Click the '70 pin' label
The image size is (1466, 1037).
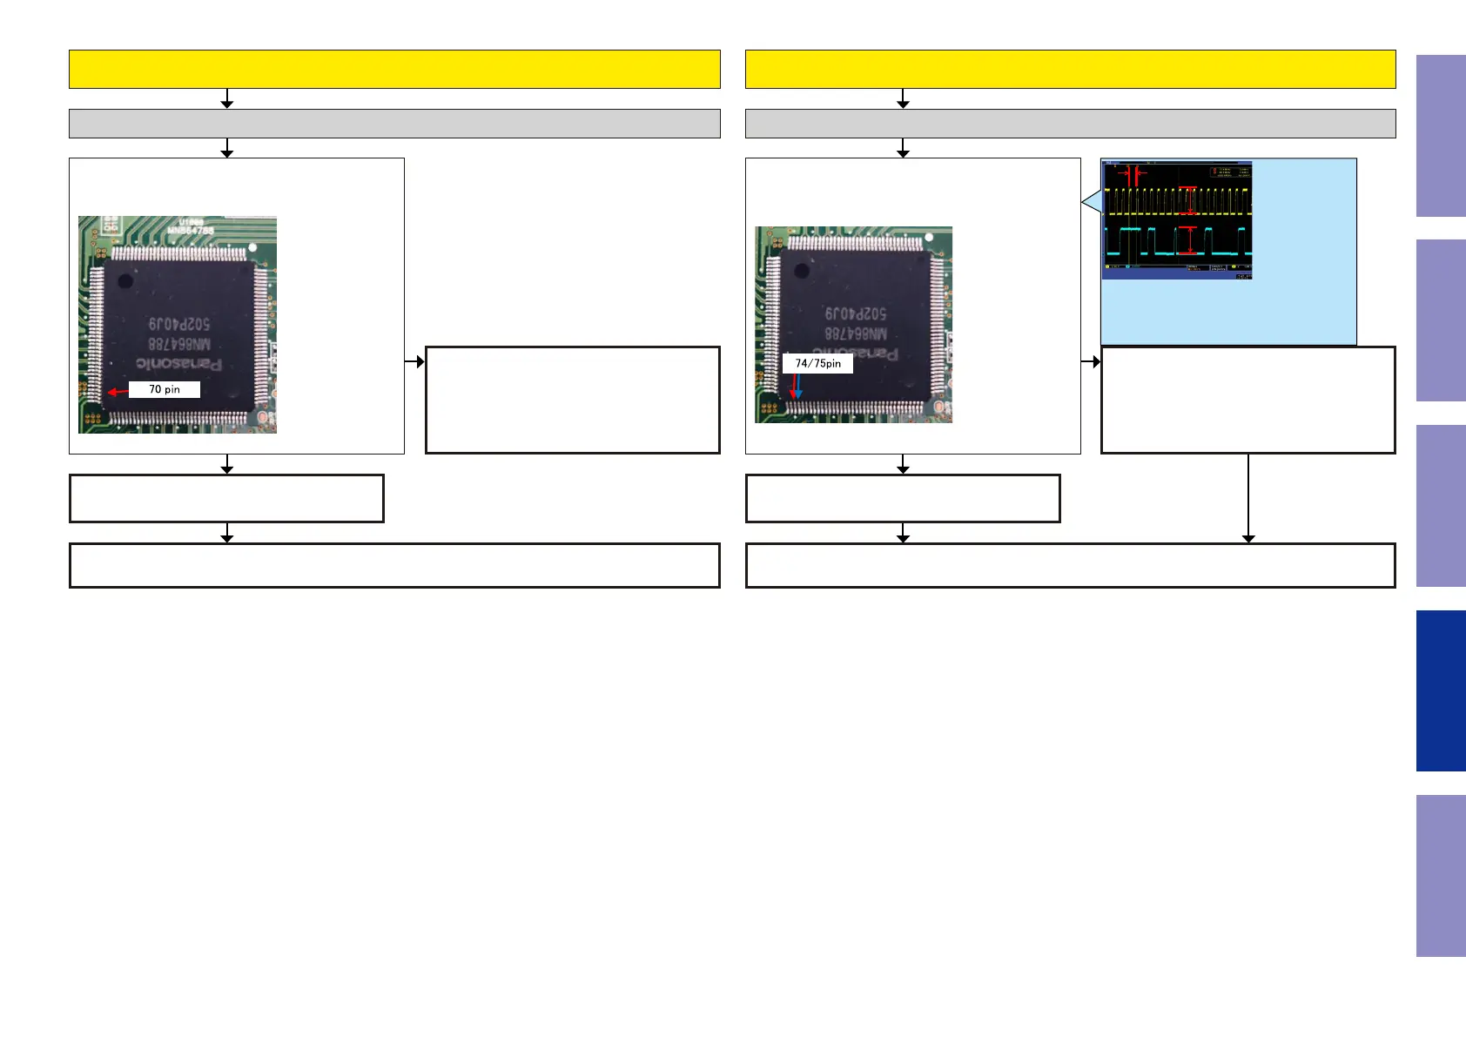(x=165, y=389)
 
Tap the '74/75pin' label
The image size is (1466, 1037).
(x=817, y=363)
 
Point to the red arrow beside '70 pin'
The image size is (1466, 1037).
(x=117, y=392)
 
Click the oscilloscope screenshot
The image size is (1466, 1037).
(x=1177, y=219)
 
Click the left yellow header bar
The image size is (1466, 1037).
(x=394, y=69)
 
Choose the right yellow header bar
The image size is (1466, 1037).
(x=1070, y=69)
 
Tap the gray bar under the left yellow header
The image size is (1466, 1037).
(x=394, y=124)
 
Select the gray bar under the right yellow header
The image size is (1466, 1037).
(x=1070, y=124)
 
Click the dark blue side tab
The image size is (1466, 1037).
(x=1441, y=690)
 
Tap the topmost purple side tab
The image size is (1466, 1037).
(x=1441, y=136)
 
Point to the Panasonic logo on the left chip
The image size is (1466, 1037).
(x=178, y=363)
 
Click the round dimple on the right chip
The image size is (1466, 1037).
(x=803, y=271)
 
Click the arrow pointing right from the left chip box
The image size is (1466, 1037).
(x=415, y=361)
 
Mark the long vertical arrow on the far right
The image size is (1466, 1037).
(x=1248, y=497)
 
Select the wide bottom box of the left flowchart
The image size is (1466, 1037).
(x=394, y=565)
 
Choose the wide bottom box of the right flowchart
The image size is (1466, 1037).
(x=1070, y=565)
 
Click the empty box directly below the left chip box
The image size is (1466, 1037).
(x=226, y=498)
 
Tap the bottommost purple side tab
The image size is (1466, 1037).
(x=1441, y=875)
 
